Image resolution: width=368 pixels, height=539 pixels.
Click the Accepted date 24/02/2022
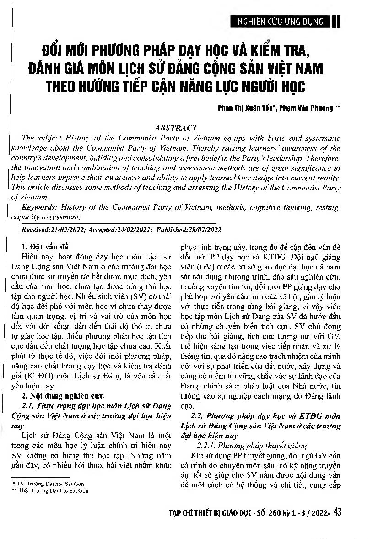(128, 229)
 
